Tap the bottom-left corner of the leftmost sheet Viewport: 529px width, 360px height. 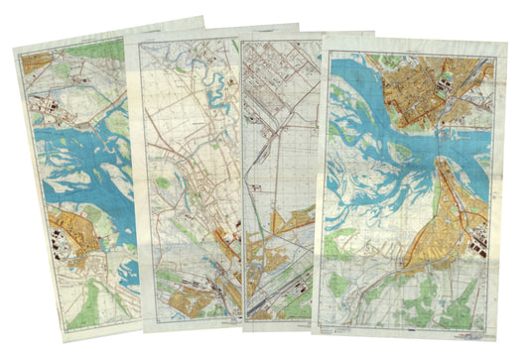point(63,330)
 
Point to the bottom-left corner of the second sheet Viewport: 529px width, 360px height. point(144,330)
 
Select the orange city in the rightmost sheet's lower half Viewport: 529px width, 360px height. point(447,228)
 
